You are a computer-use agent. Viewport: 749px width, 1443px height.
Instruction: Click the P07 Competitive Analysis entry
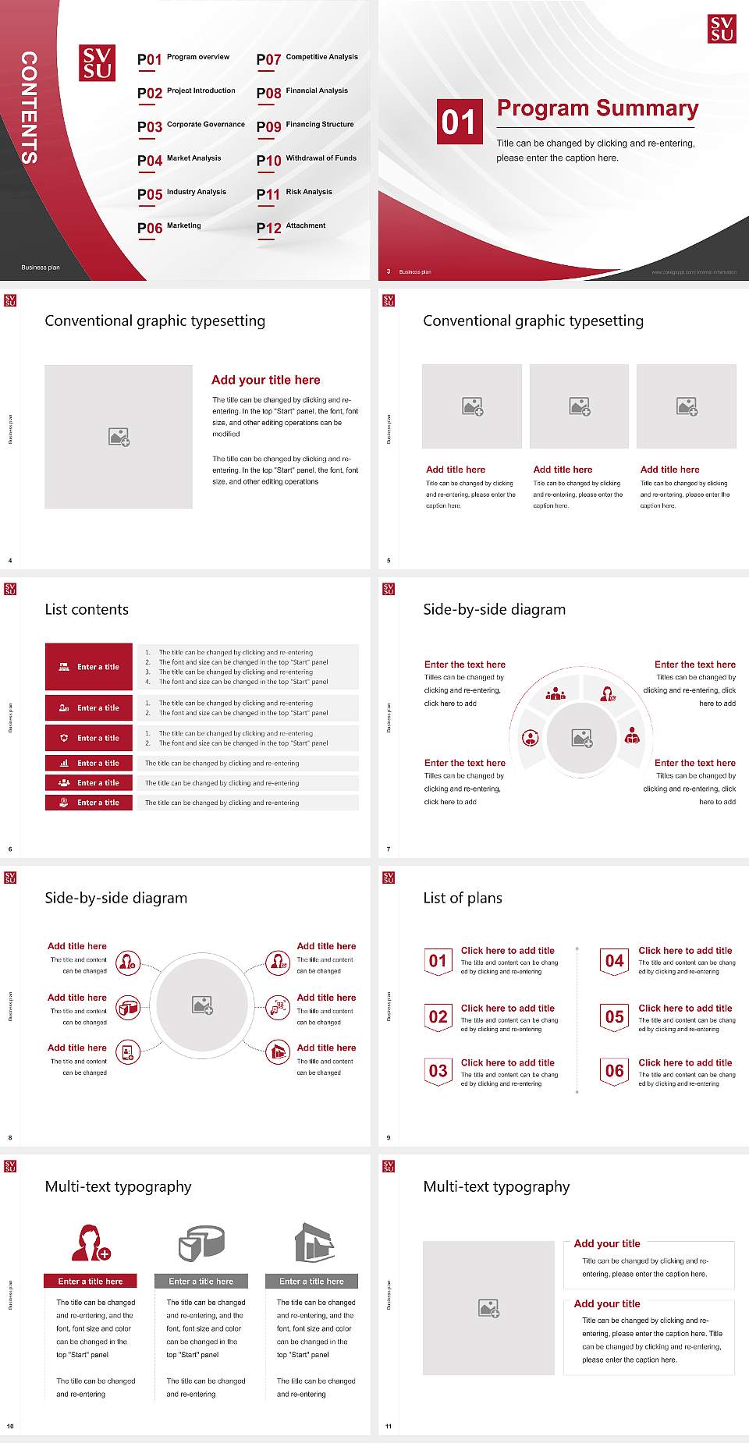pos(307,58)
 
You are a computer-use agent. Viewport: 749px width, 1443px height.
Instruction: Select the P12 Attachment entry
pos(291,227)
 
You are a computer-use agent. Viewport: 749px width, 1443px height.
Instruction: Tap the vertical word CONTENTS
pos(29,108)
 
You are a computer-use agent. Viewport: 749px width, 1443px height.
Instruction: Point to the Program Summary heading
pos(597,108)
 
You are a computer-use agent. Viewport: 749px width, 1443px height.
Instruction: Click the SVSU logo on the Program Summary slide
pos(722,28)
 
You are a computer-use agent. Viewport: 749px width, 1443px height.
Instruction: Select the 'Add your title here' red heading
pos(265,380)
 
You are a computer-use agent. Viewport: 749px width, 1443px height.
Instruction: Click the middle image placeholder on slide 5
pos(579,406)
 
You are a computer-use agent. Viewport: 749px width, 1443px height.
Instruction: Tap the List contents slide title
pos(87,609)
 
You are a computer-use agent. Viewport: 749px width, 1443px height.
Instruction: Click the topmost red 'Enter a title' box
pos(89,667)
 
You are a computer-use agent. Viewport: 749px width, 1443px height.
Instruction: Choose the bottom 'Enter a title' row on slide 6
pos(89,803)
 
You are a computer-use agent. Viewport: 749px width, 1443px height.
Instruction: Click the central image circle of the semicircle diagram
pos(582,738)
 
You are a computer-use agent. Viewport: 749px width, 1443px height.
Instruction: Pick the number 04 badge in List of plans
pos(615,961)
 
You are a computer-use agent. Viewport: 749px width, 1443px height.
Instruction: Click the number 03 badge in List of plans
pos(438,1071)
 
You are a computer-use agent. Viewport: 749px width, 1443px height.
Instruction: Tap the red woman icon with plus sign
pos(91,1243)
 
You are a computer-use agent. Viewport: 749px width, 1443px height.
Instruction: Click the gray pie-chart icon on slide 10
pos(201,1243)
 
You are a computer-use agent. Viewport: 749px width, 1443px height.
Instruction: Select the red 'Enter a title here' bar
pos(91,1282)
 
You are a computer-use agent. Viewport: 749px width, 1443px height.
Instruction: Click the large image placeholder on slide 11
pos(488,1308)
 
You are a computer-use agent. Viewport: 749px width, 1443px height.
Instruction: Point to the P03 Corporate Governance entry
pos(190,126)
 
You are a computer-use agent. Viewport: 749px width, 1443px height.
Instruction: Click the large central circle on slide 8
pos(202,1005)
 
